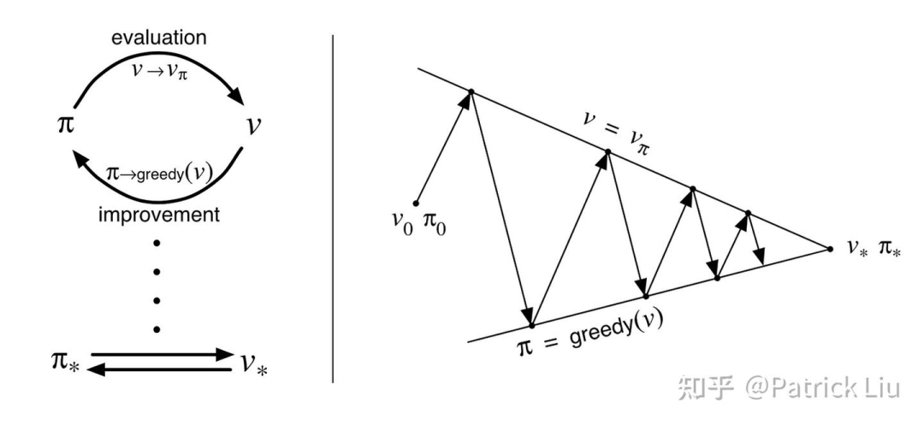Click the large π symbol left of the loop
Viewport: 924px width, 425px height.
click(65, 125)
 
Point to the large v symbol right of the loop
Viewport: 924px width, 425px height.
click(253, 125)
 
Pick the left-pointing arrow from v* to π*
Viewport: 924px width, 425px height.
click(163, 369)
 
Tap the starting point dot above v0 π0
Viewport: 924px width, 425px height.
click(416, 203)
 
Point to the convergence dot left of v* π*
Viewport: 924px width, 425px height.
click(829, 249)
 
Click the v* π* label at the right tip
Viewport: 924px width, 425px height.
click(872, 248)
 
